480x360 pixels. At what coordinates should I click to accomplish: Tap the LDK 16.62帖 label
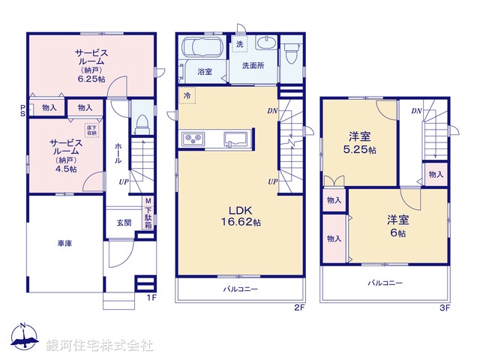point(241,216)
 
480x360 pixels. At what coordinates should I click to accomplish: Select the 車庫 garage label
point(64,244)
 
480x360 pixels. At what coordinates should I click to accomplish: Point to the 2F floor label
point(299,307)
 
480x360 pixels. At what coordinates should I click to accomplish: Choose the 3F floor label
point(444,307)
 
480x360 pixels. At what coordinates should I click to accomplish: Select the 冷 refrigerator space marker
point(187,95)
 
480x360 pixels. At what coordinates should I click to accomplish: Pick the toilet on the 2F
point(291,50)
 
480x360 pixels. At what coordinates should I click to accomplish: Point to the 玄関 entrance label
point(124,223)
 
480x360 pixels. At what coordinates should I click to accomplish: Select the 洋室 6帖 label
point(398,226)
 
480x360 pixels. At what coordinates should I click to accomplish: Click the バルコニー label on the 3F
point(385,283)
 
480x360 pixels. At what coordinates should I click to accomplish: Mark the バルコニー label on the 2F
point(241,288)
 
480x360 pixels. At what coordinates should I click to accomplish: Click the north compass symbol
point(23,339)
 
